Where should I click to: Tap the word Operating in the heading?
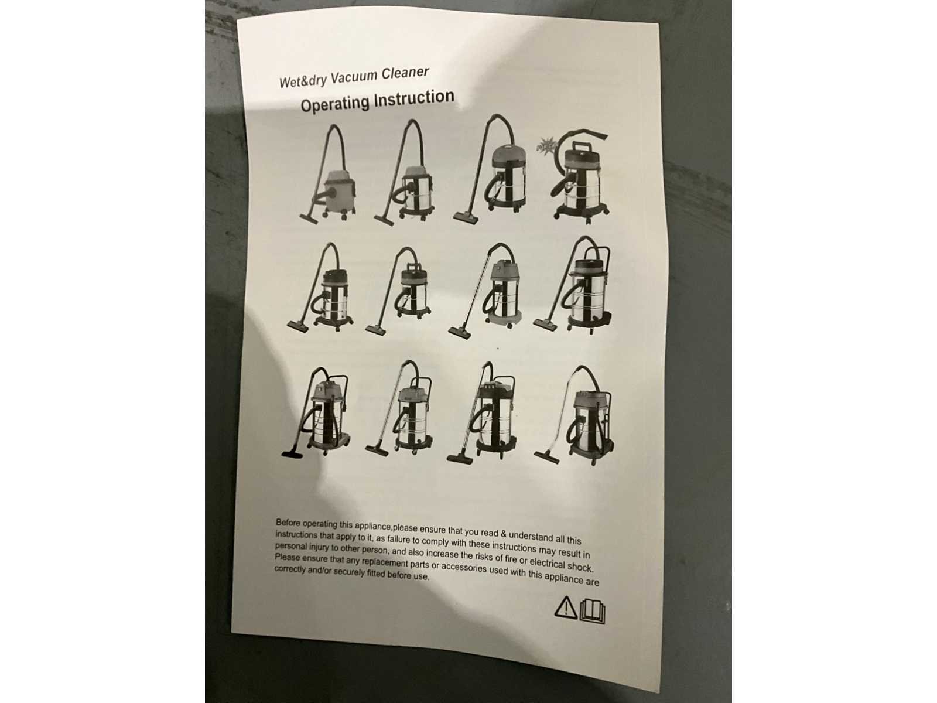click(x=334, y=104)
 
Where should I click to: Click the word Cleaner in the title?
click(x=405, y=73)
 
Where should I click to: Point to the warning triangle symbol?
click(x=566, y=607)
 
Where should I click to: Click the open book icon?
click(x=593, y=611)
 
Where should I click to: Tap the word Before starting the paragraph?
click(x=289, y=523)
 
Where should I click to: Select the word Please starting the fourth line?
click(x=288, y=558)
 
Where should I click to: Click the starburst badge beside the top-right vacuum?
click(x=546, y=146)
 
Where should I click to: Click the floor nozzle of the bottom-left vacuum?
click(x=292, y=453)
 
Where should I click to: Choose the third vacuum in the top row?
click(x=490, y=168)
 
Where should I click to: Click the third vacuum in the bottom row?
click(x=482, y=412)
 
